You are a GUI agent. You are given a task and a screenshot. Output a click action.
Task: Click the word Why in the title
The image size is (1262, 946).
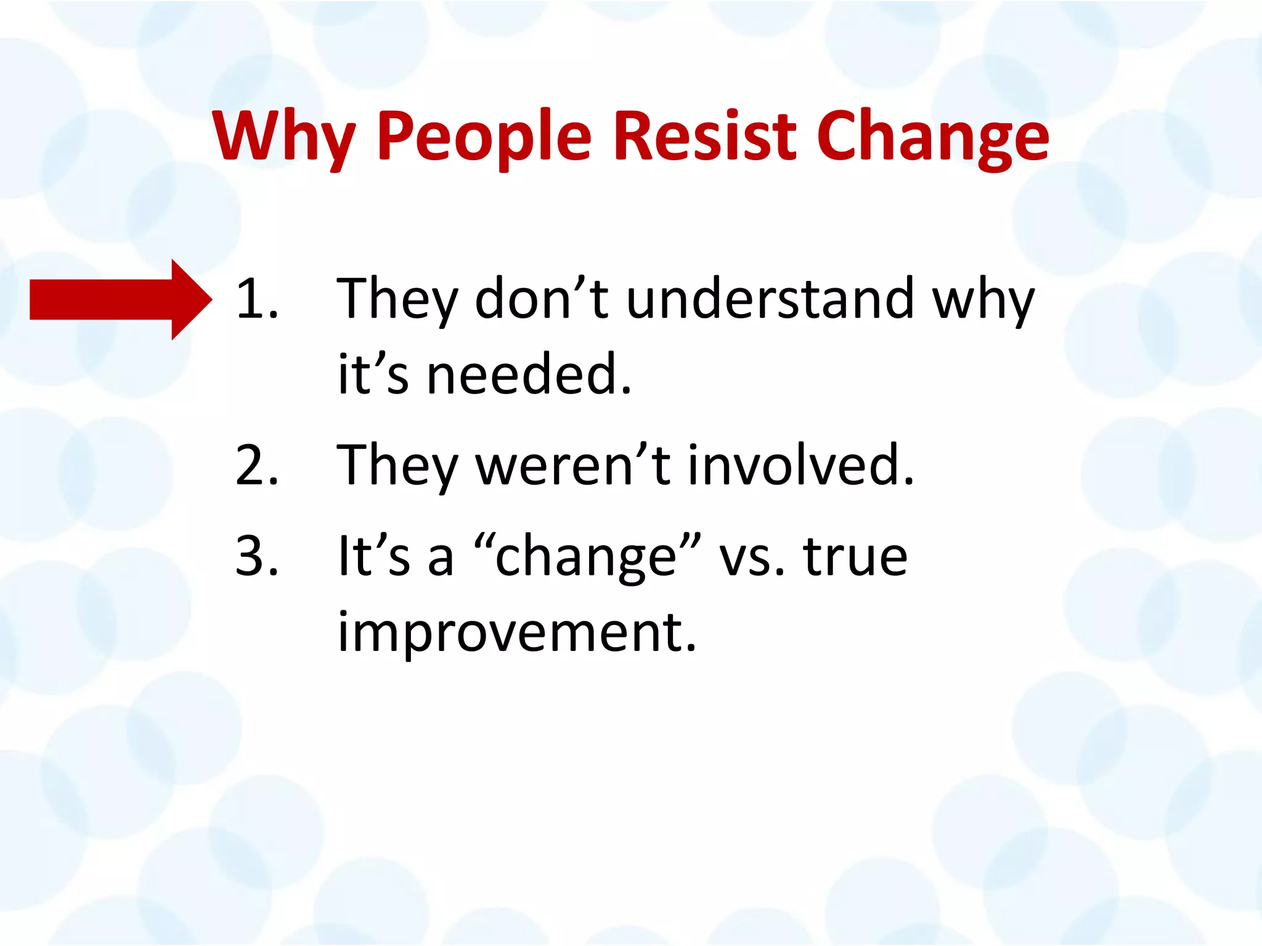tap(284, 137)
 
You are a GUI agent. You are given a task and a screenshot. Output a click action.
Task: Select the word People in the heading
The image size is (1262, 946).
tap(484, 137)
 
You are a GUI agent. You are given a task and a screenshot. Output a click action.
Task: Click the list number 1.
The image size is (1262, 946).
tap(256, 299)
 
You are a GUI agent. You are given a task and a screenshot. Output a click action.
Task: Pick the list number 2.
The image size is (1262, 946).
tap(256, 466)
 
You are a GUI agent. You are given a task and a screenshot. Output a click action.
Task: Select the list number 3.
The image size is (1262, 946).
tap(256, 557)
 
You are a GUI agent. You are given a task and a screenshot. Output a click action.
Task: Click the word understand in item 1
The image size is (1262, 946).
tap(770, 299)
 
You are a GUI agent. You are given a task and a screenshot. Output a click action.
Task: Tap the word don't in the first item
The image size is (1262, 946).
tap(542, 299)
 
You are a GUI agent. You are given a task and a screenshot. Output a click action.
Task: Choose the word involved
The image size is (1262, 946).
tap(800, 466)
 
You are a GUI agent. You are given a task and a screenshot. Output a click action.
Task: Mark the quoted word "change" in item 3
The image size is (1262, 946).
tap(588, 557)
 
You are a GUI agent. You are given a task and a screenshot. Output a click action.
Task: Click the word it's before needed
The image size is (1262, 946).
tap(373, 374)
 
